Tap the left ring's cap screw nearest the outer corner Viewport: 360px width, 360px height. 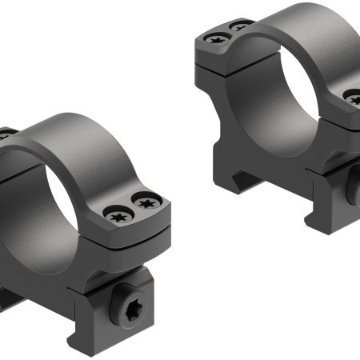click(x=145, y=205)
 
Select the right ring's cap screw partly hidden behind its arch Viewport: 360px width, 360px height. click(x=240, y=26)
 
